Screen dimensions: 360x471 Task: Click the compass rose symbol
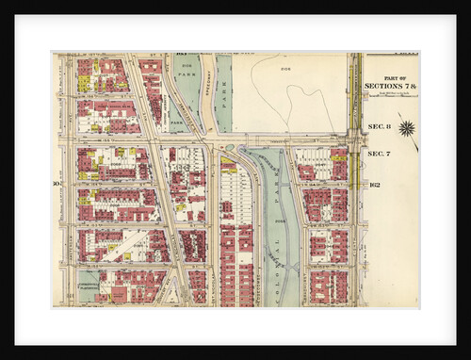407,129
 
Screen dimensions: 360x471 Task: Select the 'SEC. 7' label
378,153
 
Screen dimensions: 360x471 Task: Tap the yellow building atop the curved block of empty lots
228,166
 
